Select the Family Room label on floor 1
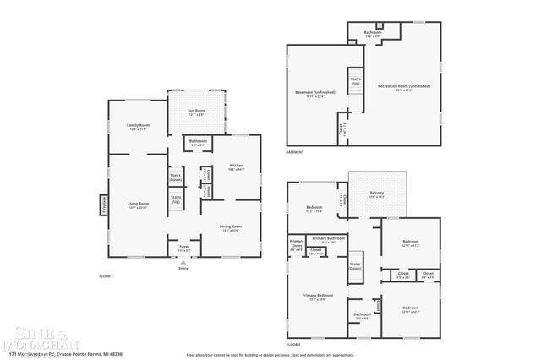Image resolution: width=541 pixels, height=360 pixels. pos(137,128)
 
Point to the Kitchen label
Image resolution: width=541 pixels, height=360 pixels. pos(236,166)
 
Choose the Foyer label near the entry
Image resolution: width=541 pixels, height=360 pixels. pos(183,248)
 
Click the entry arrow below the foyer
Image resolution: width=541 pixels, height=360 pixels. pos(183,264)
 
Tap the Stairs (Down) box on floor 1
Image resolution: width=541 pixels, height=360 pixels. pos(176,177)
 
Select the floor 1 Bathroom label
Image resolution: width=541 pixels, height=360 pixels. pos(199,143)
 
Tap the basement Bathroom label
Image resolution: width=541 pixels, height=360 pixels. pos(373,34)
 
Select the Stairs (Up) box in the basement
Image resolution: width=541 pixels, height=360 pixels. pos(356,82)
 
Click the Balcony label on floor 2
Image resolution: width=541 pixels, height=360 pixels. pos(377,195)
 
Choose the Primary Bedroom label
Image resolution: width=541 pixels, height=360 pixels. pos(318,297)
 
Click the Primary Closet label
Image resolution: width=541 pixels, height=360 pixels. pos(296,247)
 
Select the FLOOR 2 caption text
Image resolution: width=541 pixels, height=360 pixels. pos(293,346)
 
